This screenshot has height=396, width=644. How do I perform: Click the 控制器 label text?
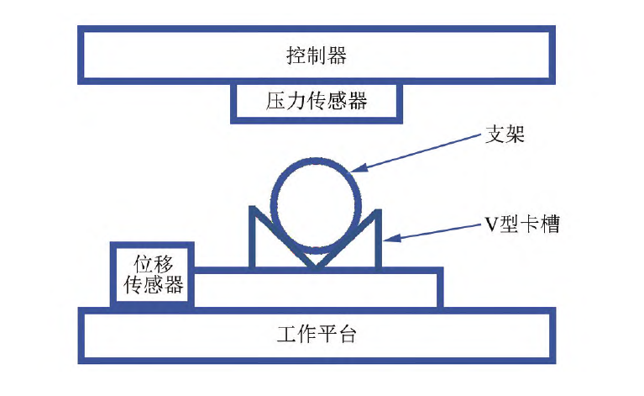(317, 56)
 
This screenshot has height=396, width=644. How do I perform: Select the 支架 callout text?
(505, 135)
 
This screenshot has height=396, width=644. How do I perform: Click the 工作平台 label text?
(317, 335)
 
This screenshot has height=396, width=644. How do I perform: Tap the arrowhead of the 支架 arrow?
(356, 168)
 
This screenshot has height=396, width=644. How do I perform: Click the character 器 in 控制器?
(337, 56)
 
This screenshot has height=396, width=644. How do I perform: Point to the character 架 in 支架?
(515, 135)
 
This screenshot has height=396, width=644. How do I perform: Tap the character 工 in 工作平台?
(286, 335)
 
